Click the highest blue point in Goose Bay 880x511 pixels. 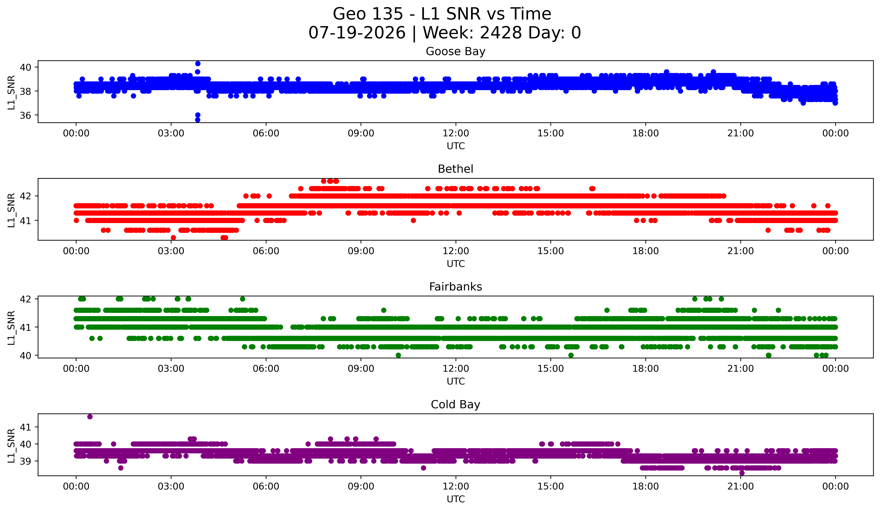click(198, 64)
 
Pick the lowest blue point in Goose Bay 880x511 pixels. click(198, 120)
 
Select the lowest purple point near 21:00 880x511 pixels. click(742, 473)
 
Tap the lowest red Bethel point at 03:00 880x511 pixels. click(173, 238)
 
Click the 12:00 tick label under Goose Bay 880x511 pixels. click(456, 133)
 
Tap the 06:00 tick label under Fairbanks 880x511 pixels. click(266, 369)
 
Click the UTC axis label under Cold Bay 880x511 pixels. click(456, 499)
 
